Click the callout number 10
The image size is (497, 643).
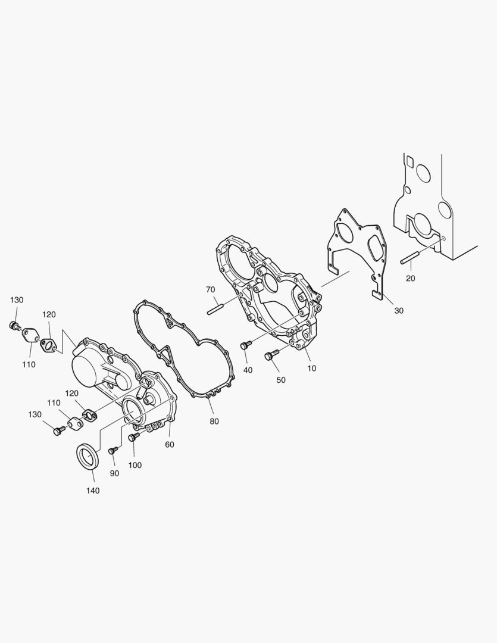coord(312,369)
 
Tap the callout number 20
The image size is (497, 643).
coord(411,278)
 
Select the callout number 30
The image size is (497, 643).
coord(398,310)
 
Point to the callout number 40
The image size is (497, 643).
coord(248,370)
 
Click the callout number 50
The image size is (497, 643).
coord(280,380)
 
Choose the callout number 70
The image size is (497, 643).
coord(210,290)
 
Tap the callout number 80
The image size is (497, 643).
coord(214,421)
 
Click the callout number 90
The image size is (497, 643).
coord(114,473)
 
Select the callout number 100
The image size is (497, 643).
coord(135,465)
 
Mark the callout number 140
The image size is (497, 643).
coord(93,491)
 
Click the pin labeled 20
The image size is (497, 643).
coord(411,259)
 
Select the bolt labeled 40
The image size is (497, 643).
coord(244,345)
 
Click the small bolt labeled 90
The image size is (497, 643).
coord(111,452)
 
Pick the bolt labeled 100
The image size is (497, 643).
coord(132,438)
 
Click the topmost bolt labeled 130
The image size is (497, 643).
coord(14,326)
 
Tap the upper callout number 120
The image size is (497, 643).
coord(49,314)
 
